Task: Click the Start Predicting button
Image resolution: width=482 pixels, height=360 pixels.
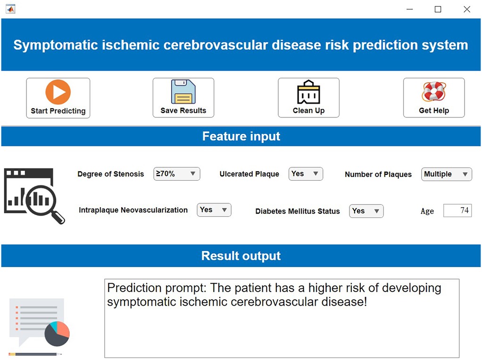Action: coord(58,98)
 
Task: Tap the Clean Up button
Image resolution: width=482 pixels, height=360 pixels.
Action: coord(308,98)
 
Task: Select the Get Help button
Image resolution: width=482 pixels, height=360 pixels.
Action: coord(434,98)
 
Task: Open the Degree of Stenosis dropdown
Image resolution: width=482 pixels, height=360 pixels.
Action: coord(177,174)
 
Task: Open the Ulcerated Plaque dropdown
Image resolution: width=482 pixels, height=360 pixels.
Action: coord(306,174)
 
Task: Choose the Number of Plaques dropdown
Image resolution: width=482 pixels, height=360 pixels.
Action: coord(446,174)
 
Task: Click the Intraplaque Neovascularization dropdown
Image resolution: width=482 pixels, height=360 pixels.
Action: coord(214,209)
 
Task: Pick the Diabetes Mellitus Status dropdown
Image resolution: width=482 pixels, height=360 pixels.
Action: coord(366,211)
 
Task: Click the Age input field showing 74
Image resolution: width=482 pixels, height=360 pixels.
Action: coord(457,210)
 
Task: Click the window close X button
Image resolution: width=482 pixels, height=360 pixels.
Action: coord(466,9)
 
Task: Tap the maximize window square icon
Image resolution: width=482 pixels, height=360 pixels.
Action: coord(438,9)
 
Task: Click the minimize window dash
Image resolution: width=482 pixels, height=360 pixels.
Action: coord(409,9)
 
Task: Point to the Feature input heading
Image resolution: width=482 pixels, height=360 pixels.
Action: coord(241,136)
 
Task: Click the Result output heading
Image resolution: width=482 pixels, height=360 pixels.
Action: coord(241,256)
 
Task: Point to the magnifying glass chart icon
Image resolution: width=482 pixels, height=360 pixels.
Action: coord(34,196)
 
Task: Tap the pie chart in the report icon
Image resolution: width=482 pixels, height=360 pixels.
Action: coord(57,334)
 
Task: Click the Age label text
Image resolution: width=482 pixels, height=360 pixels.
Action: coord(427,211)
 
